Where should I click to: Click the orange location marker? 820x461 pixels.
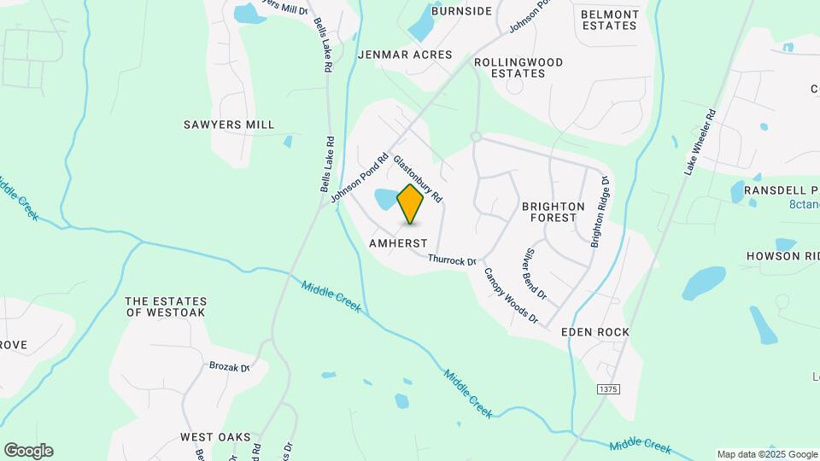point(411,204)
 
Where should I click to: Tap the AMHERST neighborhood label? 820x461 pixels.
point(398,243)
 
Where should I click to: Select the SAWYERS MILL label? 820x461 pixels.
point(229,125)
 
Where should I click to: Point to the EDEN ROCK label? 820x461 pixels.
point(595,331)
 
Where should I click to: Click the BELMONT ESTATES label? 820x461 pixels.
point(609,20)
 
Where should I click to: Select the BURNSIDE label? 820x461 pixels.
point(462,11)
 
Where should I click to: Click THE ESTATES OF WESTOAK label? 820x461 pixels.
point(166,306)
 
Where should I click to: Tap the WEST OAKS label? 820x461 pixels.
point(215,437)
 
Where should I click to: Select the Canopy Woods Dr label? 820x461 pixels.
point(511,296)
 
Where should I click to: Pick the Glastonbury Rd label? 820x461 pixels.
point(417,178)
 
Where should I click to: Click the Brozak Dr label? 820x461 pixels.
point(229,367)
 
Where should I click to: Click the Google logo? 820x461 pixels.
point(28,451)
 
